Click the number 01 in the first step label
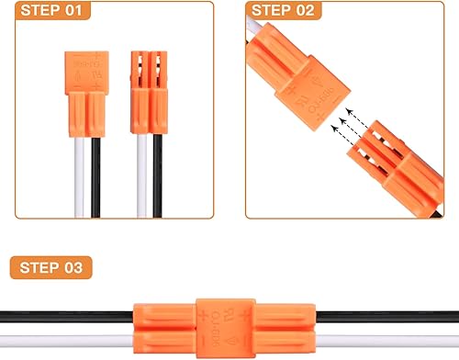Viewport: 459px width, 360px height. [x=71, y=12]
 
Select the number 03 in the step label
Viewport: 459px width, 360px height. [x=79, y=269]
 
